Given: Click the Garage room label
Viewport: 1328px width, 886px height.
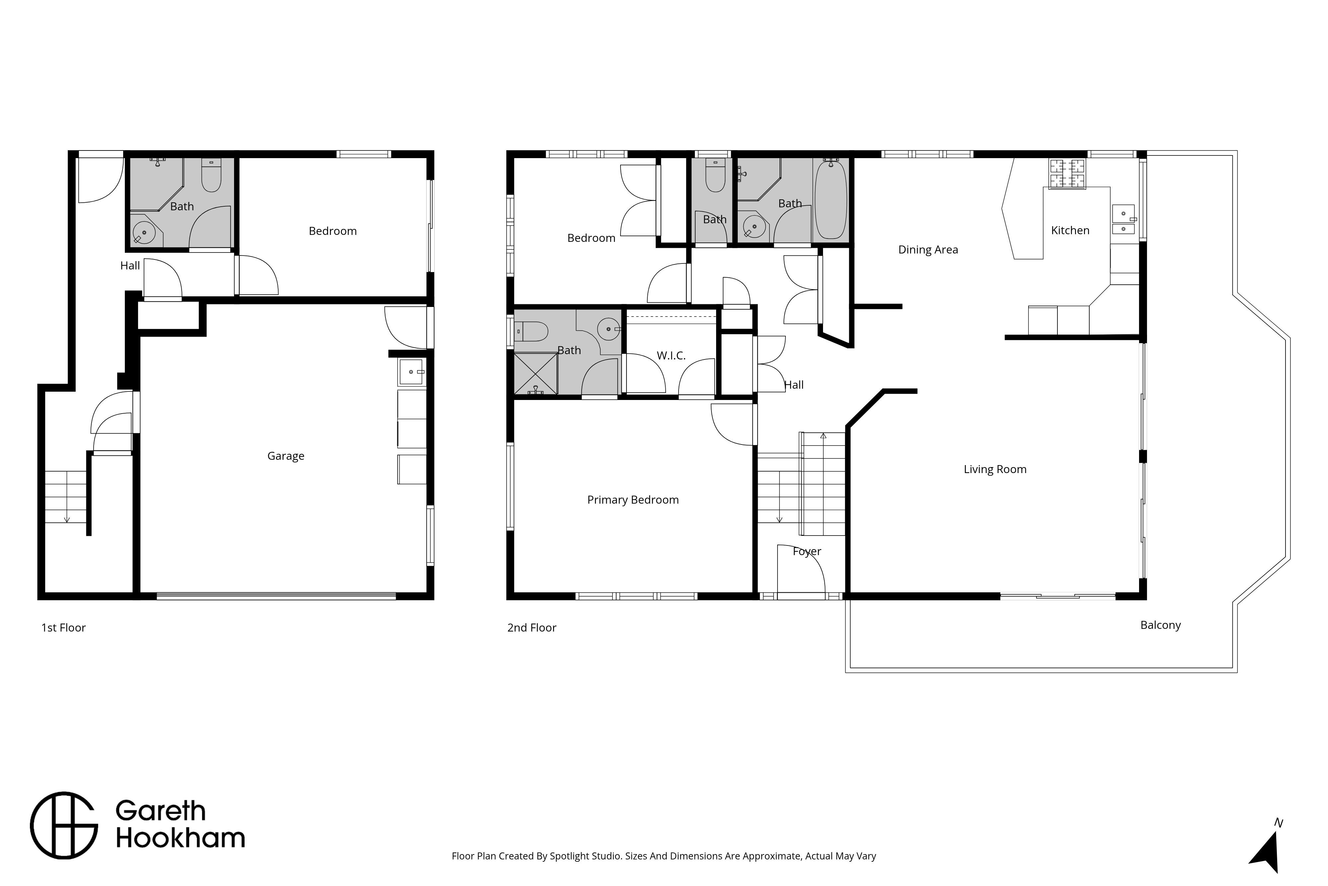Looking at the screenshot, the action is (x=286, y=456).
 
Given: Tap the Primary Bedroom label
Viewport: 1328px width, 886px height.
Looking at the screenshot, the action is (x=633, y=500).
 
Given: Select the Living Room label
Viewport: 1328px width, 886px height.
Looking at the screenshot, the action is (x=995, y=469).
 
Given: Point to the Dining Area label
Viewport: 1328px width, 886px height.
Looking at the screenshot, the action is (x=928, y=250).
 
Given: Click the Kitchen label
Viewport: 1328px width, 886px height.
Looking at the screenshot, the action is (x=1070, y=230).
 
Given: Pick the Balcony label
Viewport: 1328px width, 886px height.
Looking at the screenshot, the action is (x=1160, y=625).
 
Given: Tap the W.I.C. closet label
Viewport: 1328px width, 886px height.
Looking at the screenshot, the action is (x=671, y=355).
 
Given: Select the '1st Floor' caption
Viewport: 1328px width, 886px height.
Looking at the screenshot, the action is (x=63, y=628).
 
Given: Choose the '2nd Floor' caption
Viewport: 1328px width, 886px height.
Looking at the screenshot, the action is (x=532, y=628).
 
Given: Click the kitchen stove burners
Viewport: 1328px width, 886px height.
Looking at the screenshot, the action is (x=1067, y=173).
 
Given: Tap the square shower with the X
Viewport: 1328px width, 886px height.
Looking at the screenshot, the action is (x=535, y=373).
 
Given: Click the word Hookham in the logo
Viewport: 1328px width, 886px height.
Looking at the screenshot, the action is (x=180, y=838).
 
